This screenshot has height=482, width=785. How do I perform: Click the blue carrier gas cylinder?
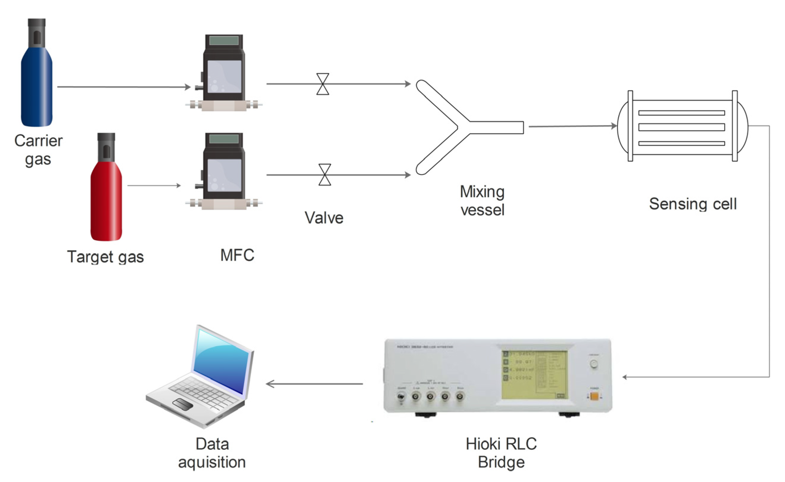[36, 89]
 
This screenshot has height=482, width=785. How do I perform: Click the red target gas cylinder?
[106, 204]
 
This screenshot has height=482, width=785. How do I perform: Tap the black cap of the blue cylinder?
[37, 32]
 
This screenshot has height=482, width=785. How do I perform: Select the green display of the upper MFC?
[224, 40]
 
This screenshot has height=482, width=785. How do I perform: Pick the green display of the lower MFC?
[224, 139]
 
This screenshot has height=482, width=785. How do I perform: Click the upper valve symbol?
[322, 84]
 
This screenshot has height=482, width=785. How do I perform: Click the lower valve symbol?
[324, 175]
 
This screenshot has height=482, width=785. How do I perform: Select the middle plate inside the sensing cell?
[681, 127]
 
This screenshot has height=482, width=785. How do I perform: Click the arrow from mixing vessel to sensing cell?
[572, 126]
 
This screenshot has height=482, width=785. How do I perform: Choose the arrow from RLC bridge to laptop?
[314, 384]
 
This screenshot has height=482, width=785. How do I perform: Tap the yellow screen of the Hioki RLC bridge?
[534, 375]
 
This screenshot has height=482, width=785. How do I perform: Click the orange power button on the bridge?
[594, 396]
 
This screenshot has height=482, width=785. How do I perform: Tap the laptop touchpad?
[182, 404]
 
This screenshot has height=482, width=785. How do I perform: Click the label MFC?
[237, 255]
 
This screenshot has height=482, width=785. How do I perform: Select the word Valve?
[324, 218]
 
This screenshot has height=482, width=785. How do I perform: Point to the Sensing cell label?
[693, 204]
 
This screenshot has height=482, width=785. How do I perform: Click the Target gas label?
[105, 257]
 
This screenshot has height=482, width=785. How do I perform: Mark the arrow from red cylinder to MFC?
[154, 185]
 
